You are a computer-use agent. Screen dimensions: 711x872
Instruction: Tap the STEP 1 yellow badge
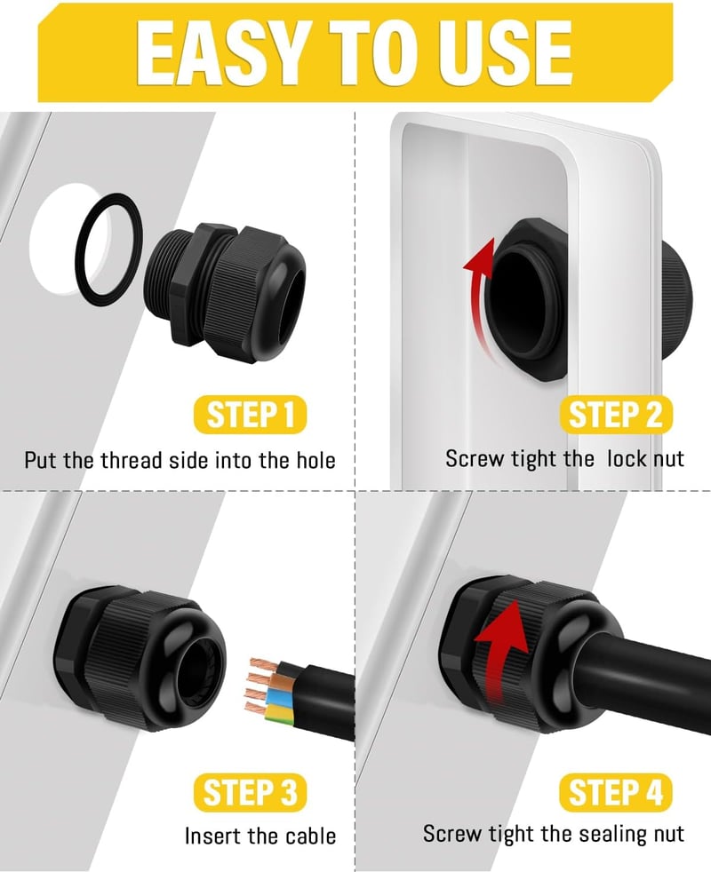pyautogui.click(x=250, y=415)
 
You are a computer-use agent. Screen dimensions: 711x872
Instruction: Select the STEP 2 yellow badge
pyautogui.click(x=616, y=415)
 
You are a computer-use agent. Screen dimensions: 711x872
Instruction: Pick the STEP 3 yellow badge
pyautogui.click(x=250, y=792)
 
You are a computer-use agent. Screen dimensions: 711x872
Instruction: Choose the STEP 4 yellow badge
pyautogui.click(x=616, y=792)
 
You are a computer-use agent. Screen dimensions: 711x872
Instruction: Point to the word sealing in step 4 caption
pyautogui.click(x=612, y=834)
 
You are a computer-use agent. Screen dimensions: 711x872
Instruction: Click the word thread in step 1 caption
pyautogui.click(x=130, y=461)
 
